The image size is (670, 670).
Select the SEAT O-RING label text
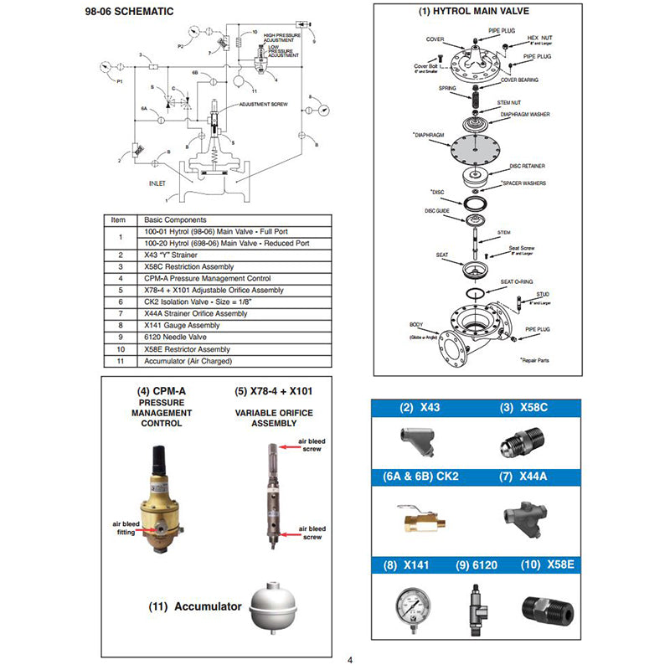(518, 281)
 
